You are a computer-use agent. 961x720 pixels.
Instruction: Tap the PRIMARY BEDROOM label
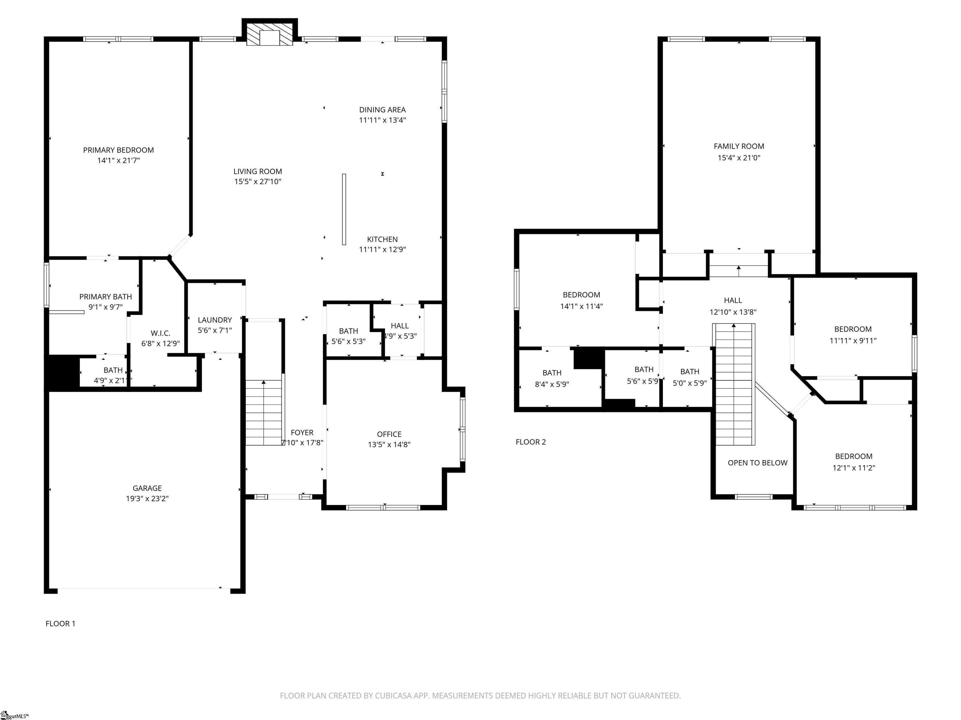pos(119,150)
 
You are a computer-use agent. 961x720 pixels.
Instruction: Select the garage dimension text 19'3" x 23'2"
pos(147,499)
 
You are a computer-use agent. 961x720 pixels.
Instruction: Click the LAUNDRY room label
pos(215,320)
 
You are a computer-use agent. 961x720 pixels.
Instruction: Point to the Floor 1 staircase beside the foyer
pos(264,412)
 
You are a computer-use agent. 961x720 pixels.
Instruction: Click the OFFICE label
pos(389,434)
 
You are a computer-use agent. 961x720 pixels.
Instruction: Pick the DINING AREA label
pos(382,110)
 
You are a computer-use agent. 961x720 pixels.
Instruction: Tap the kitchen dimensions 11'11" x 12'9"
pos(382,250)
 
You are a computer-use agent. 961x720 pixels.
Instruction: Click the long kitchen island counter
pos(344,209)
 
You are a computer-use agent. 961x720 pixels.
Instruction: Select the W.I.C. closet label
pos(160,333)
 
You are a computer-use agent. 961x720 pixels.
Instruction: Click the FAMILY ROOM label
pos(739,147)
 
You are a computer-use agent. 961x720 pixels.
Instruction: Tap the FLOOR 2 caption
pos(531,442)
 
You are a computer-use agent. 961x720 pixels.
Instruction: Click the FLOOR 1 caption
pos(60,624)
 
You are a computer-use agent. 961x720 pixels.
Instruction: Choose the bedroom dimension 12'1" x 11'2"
pos(854,468)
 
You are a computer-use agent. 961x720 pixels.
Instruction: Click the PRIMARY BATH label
pos(105,297)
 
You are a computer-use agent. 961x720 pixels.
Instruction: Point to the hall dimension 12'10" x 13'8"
pos(733,312)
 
